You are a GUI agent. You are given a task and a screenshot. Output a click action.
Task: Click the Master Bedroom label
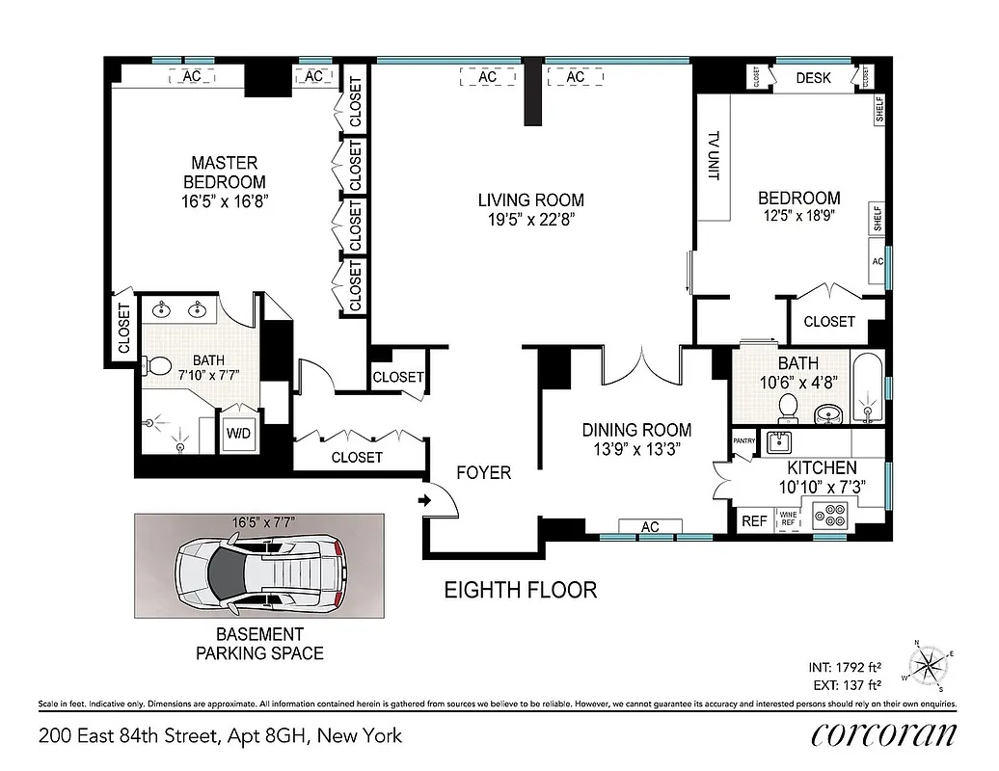(225, 173)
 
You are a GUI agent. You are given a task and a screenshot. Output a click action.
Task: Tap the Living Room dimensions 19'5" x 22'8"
(530, 219)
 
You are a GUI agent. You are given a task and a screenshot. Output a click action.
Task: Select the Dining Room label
(636, 430)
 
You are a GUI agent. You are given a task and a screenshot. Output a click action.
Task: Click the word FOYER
(484, 473)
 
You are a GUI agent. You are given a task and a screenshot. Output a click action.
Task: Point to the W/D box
(238, 433)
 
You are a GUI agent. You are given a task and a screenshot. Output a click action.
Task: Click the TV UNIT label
(715, 156)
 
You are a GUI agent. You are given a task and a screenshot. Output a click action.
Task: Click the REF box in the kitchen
(753, 521)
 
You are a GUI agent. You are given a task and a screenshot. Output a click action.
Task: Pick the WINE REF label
(788, 518)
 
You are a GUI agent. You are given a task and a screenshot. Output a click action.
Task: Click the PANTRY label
(743, 440)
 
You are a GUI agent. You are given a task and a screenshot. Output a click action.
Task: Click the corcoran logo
(884, 735)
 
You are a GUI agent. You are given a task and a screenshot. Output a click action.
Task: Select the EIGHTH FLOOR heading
(520, 589)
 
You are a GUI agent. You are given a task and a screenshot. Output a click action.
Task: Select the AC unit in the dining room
(650, 526)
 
